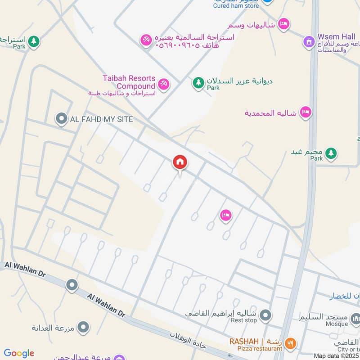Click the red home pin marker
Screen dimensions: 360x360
pos(180,162)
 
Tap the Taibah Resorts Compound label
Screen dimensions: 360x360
pos(129,82)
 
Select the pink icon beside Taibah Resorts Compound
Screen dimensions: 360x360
pos(163,83)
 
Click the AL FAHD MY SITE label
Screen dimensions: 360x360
pos(101,119)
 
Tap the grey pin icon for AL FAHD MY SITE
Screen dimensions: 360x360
pos(61,119)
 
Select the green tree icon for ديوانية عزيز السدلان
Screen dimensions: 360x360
pos(198,82)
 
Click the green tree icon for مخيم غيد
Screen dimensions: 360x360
pos(331,153)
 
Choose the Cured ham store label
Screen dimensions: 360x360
pos(236,6)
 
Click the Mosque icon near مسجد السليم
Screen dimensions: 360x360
pos(355,320)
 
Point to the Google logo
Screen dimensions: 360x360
pos(19,353)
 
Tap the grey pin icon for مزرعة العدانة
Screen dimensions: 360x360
pos(83,327)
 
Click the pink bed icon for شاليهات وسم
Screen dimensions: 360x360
pos(283,23)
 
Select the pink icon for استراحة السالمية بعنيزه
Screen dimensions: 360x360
pos(146,40)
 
